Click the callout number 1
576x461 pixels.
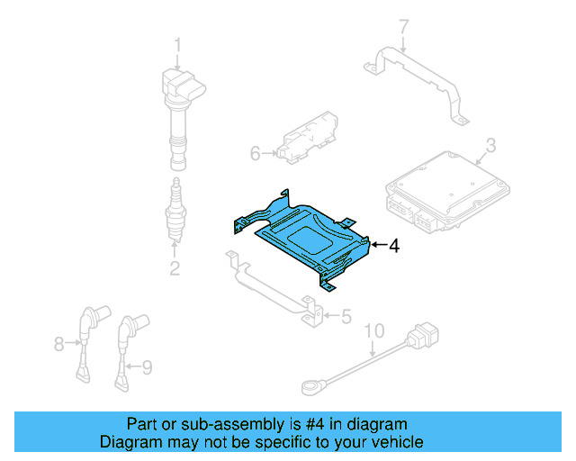[x=177, y=44]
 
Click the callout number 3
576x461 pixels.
[x=490, y=144]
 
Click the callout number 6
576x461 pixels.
[x=255, y=154]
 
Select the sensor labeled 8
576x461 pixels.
[x=87, y=338]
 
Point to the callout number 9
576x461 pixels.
[x=148, y=366]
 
